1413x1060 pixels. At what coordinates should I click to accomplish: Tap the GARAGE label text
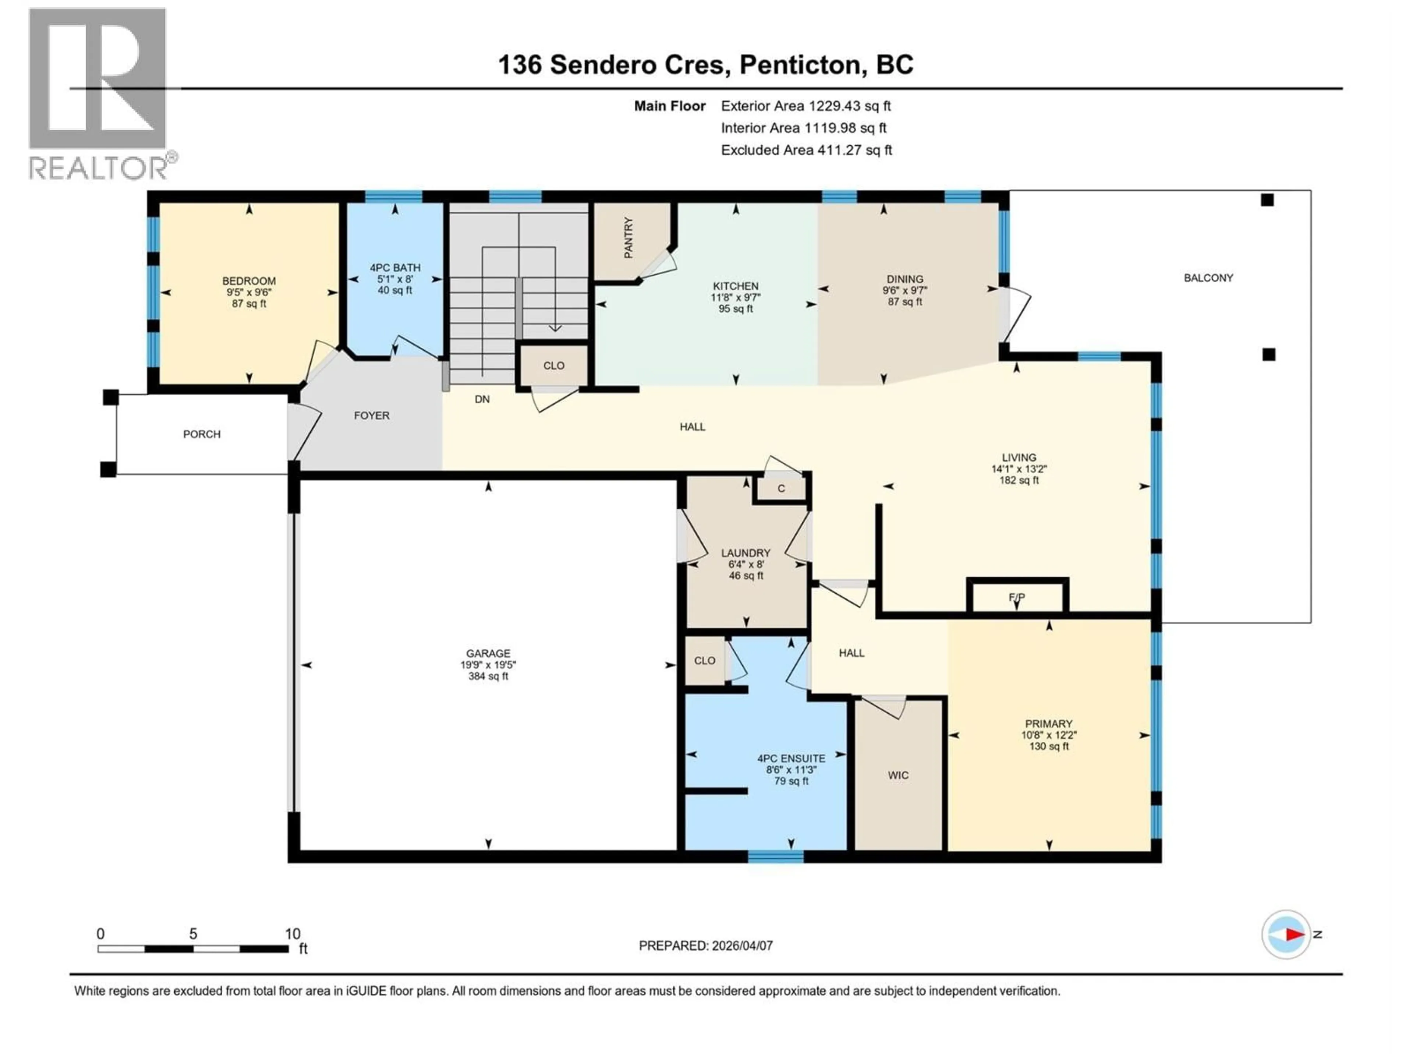[x=488, y=653]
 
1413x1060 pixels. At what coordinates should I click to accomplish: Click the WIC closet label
[x=898, y=775]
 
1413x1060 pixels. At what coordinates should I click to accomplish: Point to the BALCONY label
[x=1208, y=278]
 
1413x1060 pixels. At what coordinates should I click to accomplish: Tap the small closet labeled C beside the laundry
[x=780, y=489]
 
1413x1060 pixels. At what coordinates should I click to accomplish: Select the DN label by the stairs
[x=482, y=399]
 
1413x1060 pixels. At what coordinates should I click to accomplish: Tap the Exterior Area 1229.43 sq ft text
[x=805, y=106]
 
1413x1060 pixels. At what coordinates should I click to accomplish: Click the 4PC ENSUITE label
[x=791, y=759]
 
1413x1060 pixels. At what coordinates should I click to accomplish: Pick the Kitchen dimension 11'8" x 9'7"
[x=736, y=297]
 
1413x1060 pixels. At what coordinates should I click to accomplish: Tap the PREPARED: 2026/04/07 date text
[x=705, y=946]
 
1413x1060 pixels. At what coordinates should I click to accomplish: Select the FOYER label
[x=371, y=415]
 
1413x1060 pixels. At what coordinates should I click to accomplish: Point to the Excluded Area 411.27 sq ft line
[x=806, y=150]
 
